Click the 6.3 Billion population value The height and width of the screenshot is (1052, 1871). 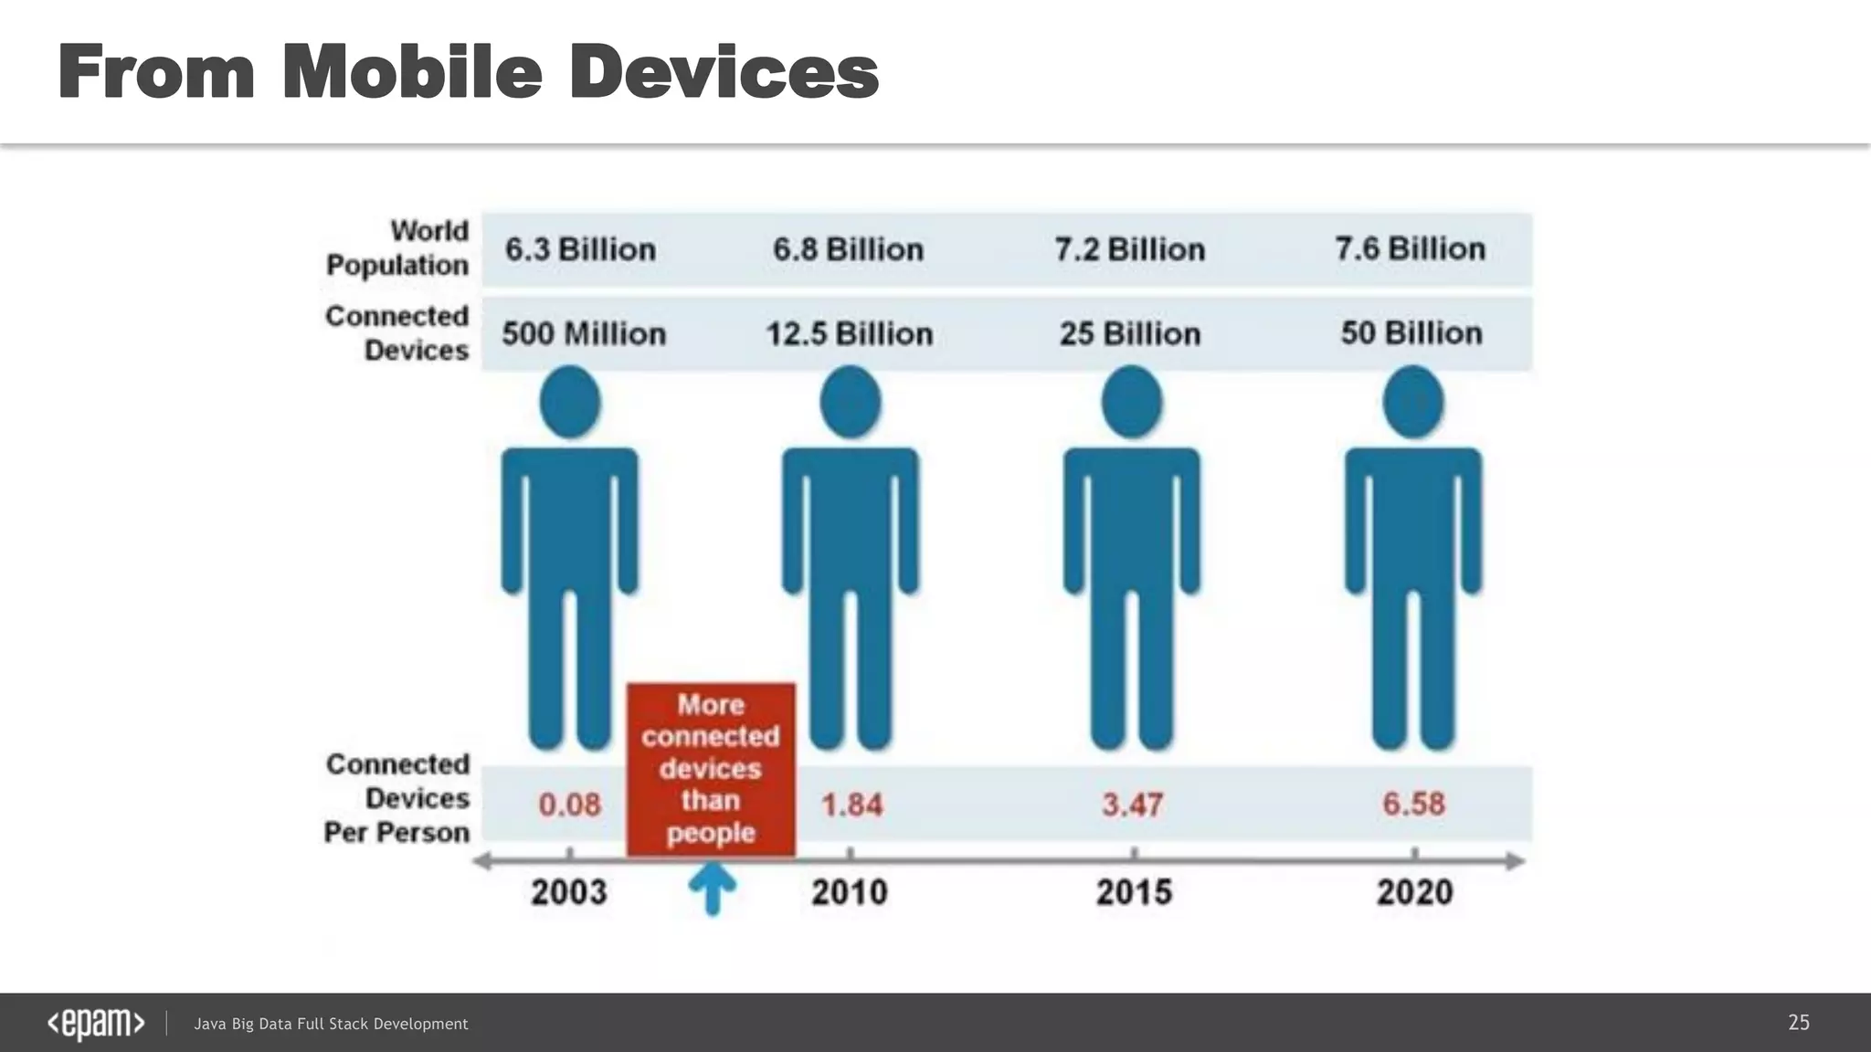point(580,249)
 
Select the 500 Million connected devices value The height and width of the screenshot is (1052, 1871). point(584,333)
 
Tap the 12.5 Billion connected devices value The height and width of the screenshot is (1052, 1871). point(849,333)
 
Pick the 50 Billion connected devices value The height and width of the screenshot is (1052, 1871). point(1411,332)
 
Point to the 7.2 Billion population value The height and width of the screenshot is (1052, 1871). point(1129,249)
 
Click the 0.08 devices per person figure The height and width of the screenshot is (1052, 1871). point(569,805)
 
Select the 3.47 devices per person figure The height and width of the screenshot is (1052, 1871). point(1132,805)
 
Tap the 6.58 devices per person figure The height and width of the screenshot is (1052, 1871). point(1413,804)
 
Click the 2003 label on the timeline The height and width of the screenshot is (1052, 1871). point(569,891)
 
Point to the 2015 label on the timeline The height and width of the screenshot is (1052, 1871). point(1134,891)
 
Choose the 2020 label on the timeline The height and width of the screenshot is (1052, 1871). point(1414,891)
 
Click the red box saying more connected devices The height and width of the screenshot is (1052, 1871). point(711,769)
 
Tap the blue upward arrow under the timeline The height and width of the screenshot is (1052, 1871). point(713,888)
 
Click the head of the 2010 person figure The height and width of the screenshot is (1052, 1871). point(851,402)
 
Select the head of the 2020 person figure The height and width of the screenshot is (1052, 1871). point(1413,402)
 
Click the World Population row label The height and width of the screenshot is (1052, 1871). point(398,247)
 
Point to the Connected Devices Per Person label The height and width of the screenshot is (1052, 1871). point(398,798)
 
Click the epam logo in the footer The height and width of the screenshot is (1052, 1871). point(96,1024)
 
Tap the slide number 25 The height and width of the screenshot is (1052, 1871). point(1798,1023)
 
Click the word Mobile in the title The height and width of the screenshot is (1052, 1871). point(412,72)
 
